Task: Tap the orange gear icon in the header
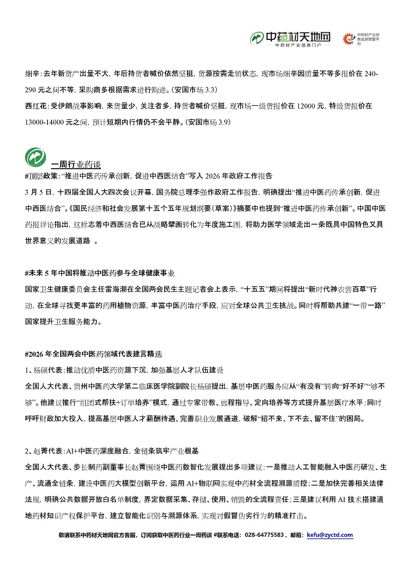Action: (349, 39)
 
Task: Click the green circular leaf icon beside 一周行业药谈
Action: (36, 156)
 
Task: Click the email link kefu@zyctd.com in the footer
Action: (330, 535)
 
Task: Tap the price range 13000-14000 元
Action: (52, 122)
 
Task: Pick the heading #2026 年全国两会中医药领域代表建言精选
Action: (94, 355)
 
